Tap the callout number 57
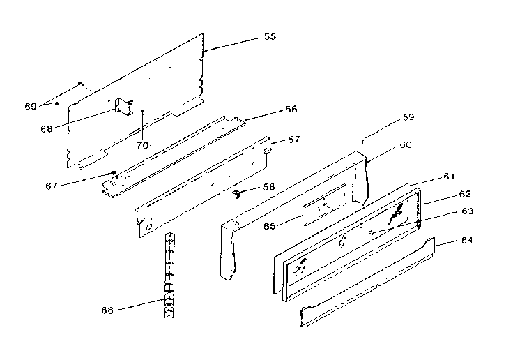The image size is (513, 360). click(x=294, y=140)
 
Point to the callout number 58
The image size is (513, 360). click(x=269, y=188)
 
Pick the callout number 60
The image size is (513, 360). click(x=405, y=145)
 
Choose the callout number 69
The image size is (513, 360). click(x=30, y=106)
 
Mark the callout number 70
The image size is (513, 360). click(x=143, y=145)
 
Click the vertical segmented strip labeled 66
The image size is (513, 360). click(x=168, y=276)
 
